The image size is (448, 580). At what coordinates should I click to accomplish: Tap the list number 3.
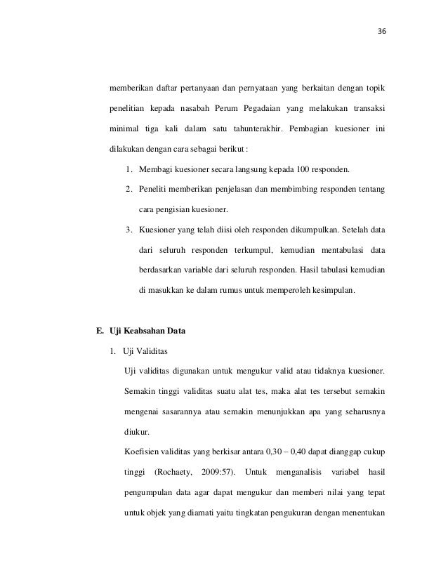129,230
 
